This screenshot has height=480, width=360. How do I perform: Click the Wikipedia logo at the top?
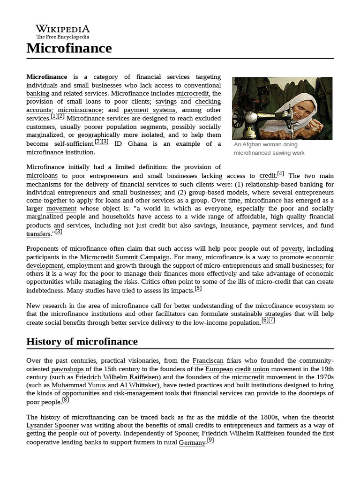pyautogui.click(x=63, y=31)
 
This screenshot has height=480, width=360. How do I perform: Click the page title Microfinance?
pyautogui.click(x=69, y=48)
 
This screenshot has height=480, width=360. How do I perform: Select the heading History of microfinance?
pyautogui.click(x=82, y=341)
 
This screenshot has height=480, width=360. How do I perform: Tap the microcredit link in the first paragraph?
pyautogui.click(x=192, y=93)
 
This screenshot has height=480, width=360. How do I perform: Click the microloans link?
pyautogui.click(x=42, y=176)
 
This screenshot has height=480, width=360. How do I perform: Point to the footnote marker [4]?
pyautogui.click(x=280, y=174)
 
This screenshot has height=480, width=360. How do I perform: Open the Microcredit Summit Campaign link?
pyautogui.click(x=125, y=257)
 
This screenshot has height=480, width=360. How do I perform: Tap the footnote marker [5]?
pyautogui.click(x=198, y=289)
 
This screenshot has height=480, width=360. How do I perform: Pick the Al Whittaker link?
pyautogui.click(x=138, y=385)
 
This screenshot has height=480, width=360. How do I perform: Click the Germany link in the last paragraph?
pyautogui.click(x=192, y=442)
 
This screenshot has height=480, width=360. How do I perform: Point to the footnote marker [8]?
pyautogui.click(x=66, y=400)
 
